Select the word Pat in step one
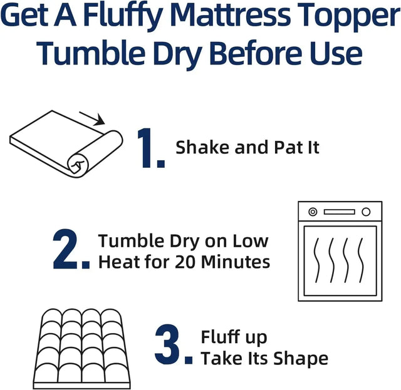click(288, 148)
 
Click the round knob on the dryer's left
click(307, 212)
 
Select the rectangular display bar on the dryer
click(339, 212)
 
